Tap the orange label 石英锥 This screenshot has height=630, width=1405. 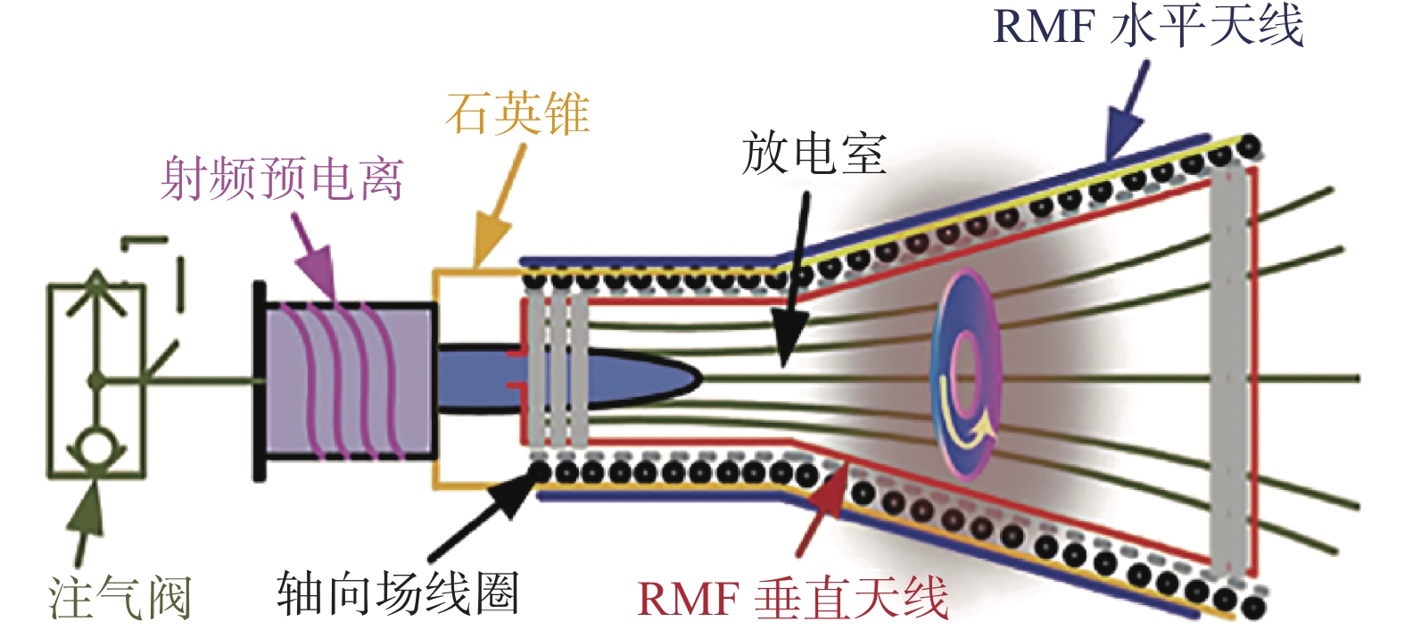coord(517,113)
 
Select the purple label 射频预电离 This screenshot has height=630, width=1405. coord(281,178)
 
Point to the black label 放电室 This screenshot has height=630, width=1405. coord(814,153)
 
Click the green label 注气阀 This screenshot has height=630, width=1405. coord(120,595)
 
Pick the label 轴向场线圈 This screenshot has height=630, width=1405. coord(397,593)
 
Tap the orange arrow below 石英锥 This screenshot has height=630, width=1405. coord(500,205)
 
